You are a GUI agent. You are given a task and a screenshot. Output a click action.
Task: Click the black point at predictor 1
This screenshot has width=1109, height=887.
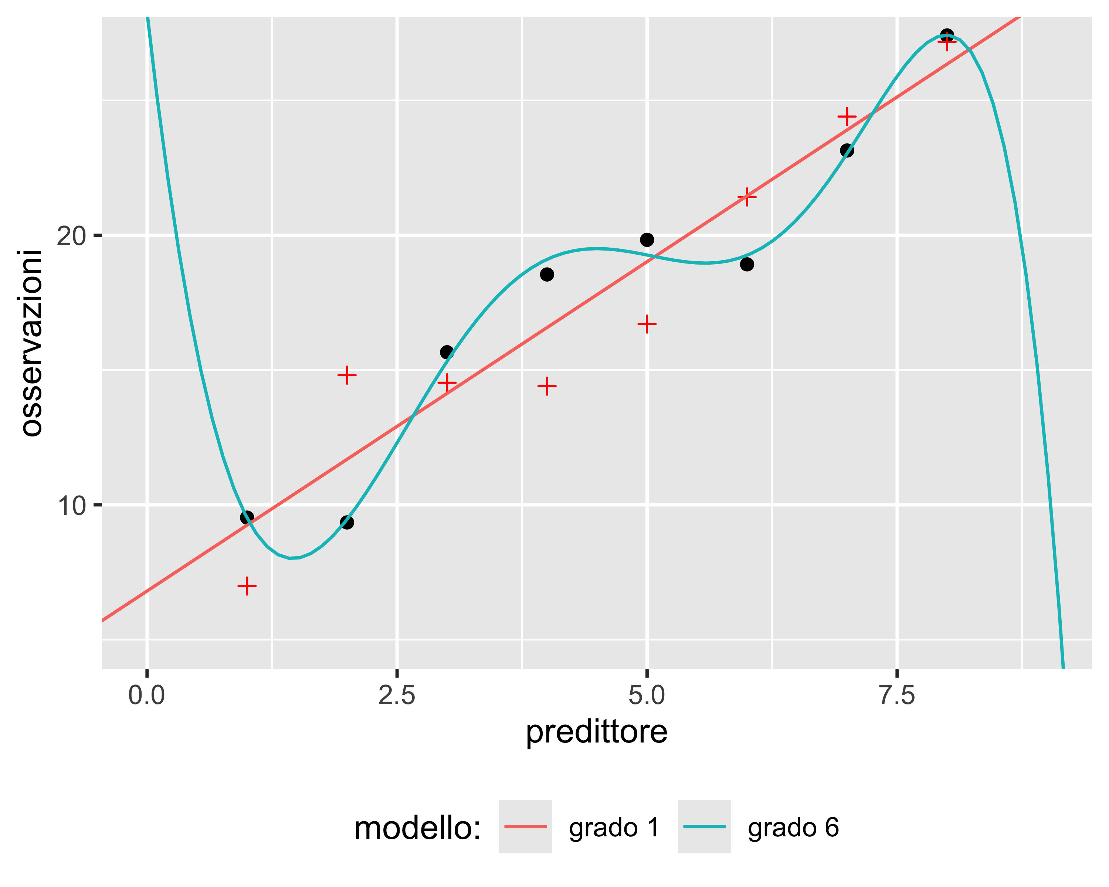(x=247, y=517)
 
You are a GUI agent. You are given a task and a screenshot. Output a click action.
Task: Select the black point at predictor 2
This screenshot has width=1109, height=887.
(x=347, y=523)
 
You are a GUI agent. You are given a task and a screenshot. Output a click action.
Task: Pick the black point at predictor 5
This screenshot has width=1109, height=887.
(x=647, y=239)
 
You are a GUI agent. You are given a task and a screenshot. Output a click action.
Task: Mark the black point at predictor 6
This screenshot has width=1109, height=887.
(x=747, y=264)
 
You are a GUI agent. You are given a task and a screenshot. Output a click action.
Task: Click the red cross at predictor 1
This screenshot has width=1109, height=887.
(x=247, y=586)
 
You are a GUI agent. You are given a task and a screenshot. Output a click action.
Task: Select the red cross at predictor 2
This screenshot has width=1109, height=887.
(x=347, y=375)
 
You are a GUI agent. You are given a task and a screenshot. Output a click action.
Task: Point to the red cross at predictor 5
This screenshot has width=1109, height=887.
(x=647, y=324)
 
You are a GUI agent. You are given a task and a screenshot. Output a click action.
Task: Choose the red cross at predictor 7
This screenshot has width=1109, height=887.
(x=847, y=117)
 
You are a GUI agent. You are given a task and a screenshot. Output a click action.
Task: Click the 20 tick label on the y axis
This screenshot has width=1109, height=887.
(x=71, y=237)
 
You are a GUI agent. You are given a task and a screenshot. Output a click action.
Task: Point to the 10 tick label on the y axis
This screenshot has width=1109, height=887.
(x=71, y=506)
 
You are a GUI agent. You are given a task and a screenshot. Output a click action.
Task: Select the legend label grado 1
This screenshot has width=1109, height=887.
(x=614, y=827)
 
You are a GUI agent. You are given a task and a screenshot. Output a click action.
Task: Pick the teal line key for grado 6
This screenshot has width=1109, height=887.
(x=704, y=827)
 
